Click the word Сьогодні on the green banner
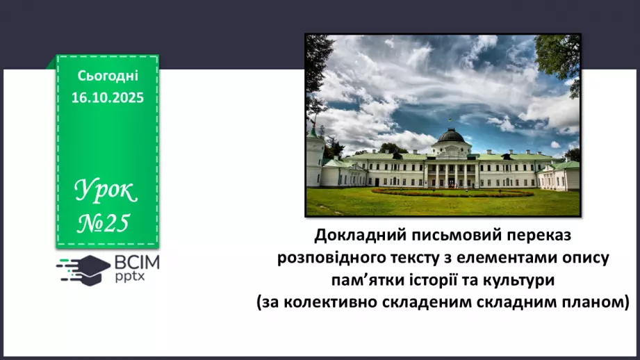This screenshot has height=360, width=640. pyautogui.click(x=108, y=76)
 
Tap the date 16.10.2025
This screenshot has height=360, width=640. pyautogui.click(x=108, y=98)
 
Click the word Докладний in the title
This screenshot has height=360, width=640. pyautogui.click(x=356, y=236)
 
